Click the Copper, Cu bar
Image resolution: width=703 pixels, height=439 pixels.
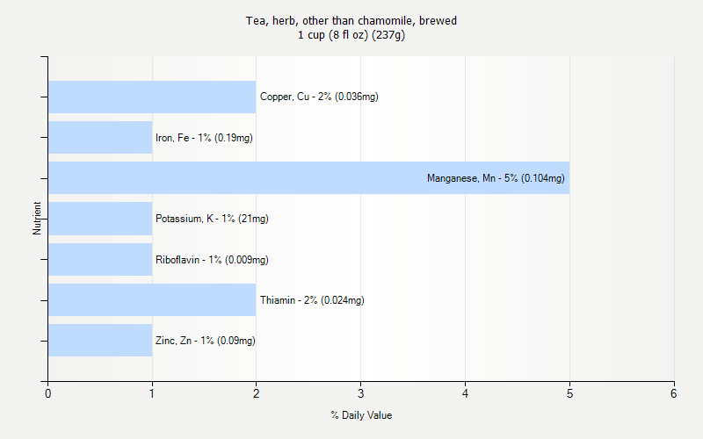151,97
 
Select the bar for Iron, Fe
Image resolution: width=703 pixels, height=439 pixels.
100,137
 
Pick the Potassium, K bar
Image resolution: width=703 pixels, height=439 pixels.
100,219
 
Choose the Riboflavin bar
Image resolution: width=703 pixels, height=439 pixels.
100,259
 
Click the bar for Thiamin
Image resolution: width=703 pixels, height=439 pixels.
151,299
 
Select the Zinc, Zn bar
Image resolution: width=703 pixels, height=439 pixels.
100,341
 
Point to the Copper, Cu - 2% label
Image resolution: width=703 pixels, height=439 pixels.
319,97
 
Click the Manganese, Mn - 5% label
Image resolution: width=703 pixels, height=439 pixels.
496,178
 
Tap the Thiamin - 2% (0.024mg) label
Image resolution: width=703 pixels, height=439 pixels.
312,300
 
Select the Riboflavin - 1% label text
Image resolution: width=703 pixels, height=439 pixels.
212,260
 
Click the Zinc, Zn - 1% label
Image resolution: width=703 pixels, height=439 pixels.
206,341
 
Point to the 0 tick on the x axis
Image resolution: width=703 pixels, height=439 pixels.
47,393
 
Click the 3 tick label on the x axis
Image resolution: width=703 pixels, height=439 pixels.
360,393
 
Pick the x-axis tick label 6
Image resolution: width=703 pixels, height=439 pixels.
674,393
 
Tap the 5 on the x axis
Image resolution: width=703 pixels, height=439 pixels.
569,393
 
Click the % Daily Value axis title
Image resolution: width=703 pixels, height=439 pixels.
361,415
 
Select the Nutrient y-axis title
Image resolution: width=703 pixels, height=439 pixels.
38,219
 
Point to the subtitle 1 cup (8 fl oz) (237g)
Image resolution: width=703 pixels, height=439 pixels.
351,35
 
